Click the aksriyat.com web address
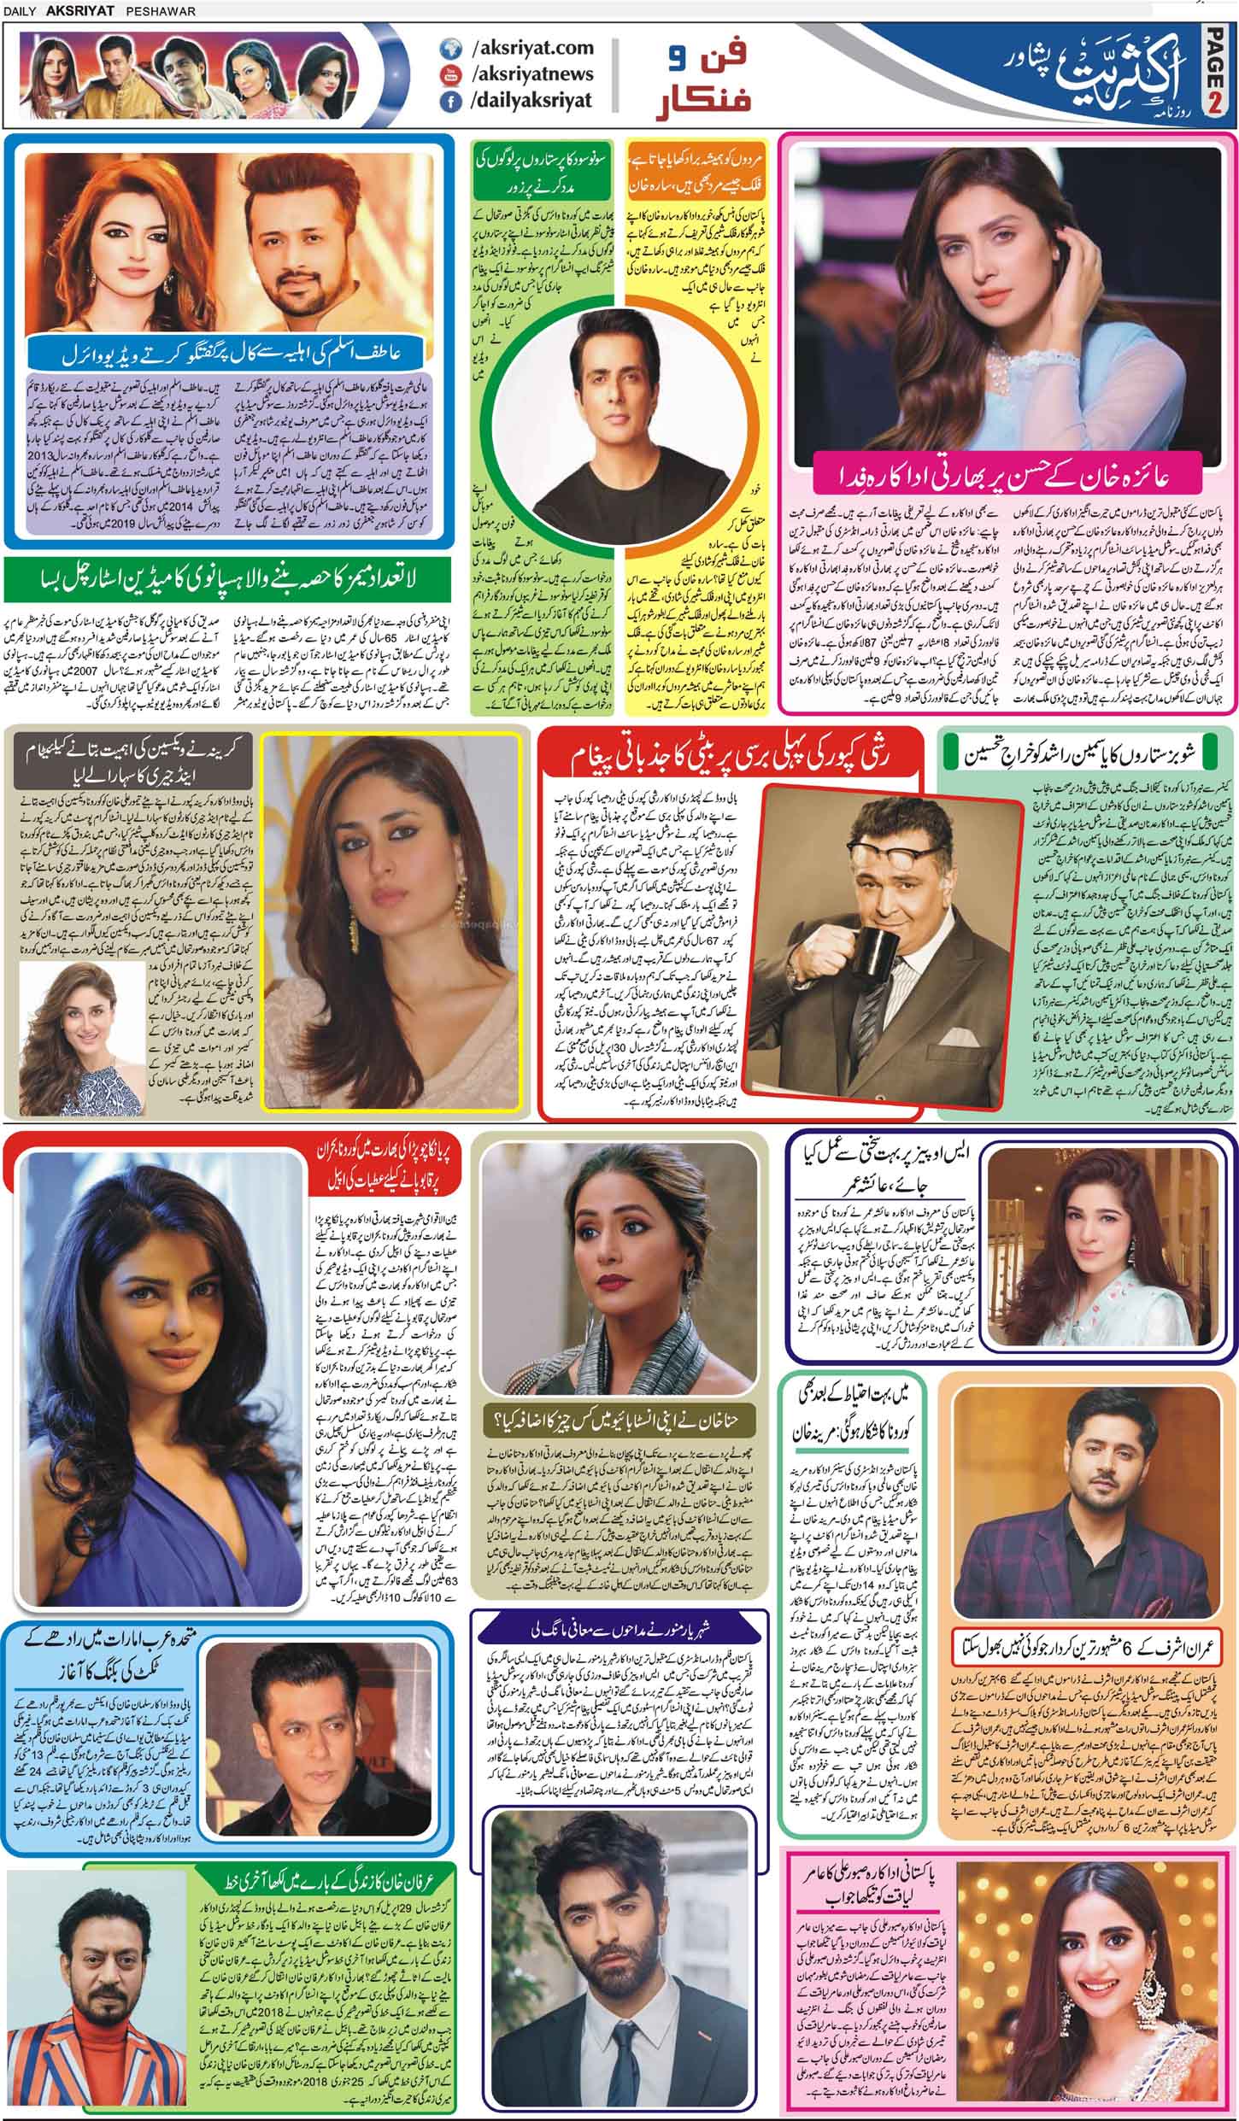pos(518,49)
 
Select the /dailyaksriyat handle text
pos(531,101)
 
